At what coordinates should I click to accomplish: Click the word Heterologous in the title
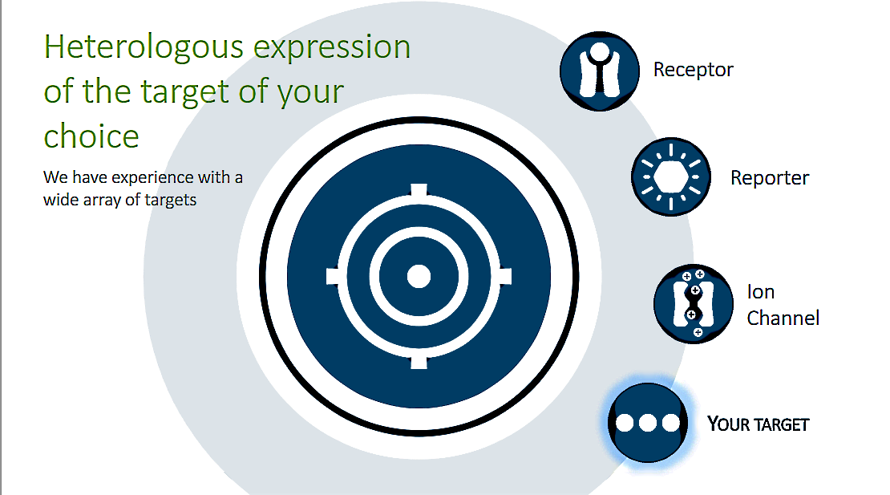(x=144, y=47)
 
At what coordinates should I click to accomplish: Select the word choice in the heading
(x=91, y=136)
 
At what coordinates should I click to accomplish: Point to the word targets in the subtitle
(x=170, y=201)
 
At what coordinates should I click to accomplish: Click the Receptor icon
(x=600, y=71)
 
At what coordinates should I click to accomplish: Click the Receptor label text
(x=693, y=69)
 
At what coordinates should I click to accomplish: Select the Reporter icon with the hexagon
(x=671, y=177)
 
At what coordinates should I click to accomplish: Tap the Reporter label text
(x=770, y=177)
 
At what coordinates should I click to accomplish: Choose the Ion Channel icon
(x=694, y=304)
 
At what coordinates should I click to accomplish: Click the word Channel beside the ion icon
(x=783, y=318)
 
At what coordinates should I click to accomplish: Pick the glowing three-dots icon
(x=648, y=423)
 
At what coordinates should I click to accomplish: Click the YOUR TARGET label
(x=758, y=424)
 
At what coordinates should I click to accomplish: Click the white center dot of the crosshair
(x=419, y=277)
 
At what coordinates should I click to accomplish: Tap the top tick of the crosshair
(x=419, y=190)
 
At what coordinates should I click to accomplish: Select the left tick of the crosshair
(x=334, y=277)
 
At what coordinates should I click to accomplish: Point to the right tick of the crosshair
(x=505, y=277)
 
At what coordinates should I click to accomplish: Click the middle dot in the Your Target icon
(x=648, y=423)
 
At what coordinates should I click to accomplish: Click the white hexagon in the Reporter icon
(x=671, y=177)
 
